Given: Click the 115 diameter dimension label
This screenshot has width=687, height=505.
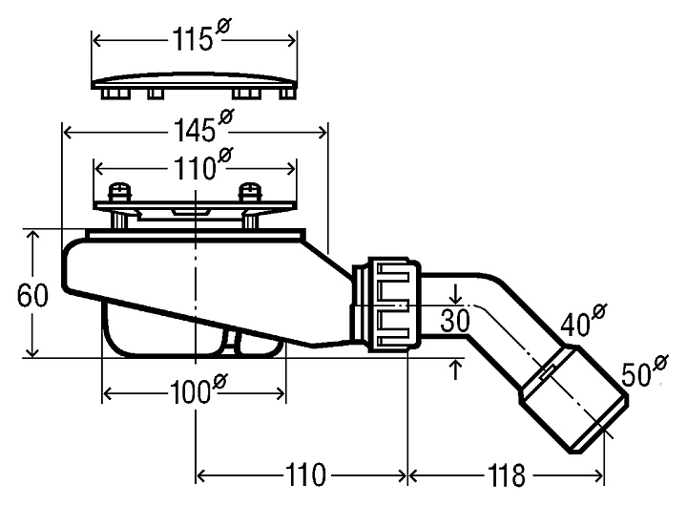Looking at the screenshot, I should point(195,43).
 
